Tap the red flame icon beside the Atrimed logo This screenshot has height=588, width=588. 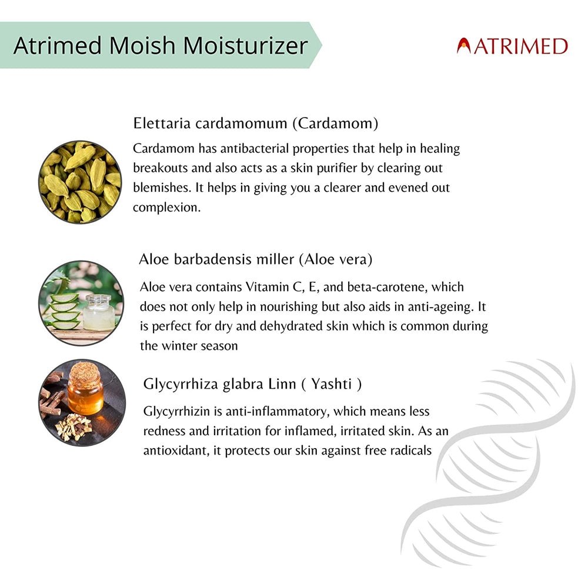point(464,46)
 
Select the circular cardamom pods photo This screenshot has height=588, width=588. point(80,182)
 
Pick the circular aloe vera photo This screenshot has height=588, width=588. point(81,303)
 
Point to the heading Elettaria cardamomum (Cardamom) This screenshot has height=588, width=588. point(256,123)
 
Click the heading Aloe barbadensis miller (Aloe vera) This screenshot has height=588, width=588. point(256,259)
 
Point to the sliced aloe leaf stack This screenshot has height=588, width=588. point(64,310)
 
